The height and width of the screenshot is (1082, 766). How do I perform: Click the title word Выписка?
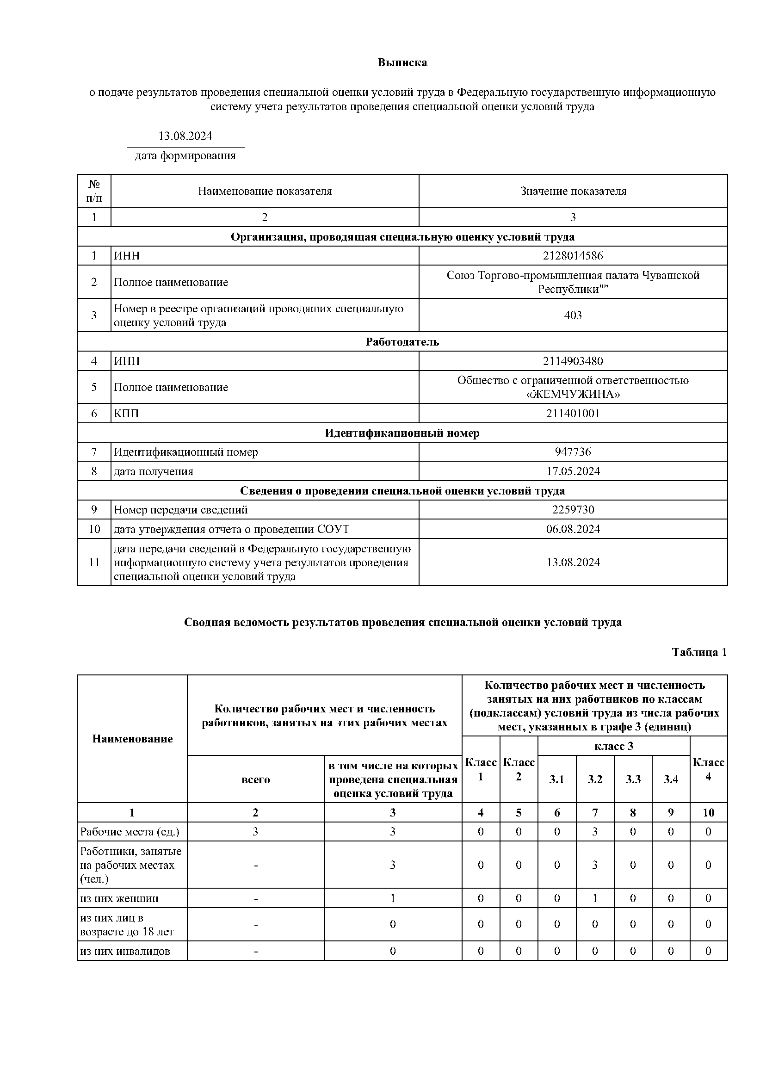point(402,63)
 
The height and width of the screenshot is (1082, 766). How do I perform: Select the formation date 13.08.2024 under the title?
point(185,136)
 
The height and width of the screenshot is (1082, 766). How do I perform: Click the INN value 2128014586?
point(573,256)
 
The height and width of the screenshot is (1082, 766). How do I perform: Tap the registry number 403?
point(573,315)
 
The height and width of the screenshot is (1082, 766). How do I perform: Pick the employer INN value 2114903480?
point(573,361)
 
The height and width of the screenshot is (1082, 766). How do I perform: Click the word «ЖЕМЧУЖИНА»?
point(573,394)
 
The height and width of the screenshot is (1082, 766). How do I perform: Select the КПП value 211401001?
point(573,414)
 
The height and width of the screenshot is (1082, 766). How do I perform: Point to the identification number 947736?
point(573,452)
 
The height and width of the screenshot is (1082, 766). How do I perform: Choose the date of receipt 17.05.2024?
point(573,471)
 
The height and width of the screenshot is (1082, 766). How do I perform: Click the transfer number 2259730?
point(573,510)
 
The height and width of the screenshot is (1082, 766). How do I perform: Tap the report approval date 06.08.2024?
point(573,529)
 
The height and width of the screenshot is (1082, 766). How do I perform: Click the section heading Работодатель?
point(402,342)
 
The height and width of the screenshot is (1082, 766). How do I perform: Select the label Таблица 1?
point(699,652)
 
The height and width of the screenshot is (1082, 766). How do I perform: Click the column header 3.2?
point(595,779)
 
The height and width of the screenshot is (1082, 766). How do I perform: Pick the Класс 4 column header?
point(708,769)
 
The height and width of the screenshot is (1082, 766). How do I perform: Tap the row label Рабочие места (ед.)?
point(130,832)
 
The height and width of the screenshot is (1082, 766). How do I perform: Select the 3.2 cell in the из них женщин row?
point(595,898)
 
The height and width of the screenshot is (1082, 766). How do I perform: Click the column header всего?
point(255,779)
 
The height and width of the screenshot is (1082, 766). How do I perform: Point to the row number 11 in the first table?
point(94,562)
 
